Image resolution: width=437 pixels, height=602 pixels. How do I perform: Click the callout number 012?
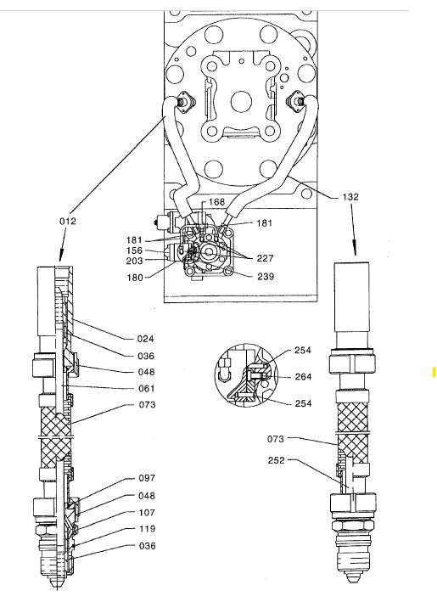tap(69, 221)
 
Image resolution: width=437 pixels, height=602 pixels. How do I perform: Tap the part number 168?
tap(216, 201)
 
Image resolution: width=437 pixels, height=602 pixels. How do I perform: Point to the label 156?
tap(136, 250)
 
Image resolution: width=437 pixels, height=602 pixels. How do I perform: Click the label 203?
tap(136, 262)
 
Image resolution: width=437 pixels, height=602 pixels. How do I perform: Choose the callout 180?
tap(136, 277)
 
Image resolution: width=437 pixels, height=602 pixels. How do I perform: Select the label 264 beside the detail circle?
tap(303, 377)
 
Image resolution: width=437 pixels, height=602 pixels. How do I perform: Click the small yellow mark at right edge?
tap(433, 371)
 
